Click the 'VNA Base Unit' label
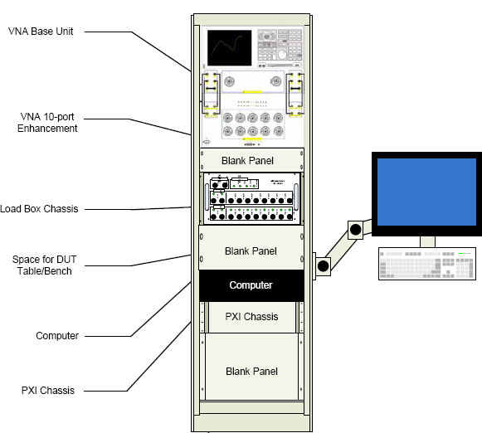click(x=43, y=32)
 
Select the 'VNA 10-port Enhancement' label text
click(x=48, y=122)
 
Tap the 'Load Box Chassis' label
click(x=40, y=208)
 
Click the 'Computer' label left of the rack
click(x=56, y=335)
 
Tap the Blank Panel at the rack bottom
click(x=251, y=371)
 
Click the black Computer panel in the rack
click(x=251, y=285)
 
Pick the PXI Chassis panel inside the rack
click(x=251, y=317)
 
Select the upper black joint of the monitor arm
click(x=355, y=228)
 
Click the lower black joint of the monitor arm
click(x=322, y=265)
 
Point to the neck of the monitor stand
click(x=427, y=241)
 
